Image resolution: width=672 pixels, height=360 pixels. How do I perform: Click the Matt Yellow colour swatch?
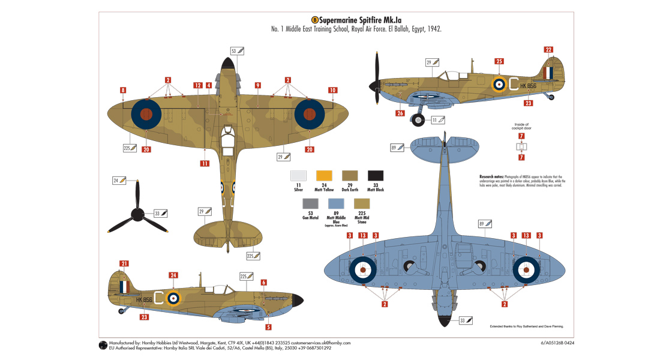[x=324, y=176]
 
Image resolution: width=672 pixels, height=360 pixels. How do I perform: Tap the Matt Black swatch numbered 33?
[x=376, y=176]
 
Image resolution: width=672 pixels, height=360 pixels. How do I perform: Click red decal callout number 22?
[x=549, y=50]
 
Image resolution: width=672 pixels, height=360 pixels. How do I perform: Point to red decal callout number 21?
[x=124, y=263]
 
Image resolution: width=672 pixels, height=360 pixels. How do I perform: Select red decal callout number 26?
[x=400, y=113]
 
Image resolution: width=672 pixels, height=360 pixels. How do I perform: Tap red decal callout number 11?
[x=205, y=163]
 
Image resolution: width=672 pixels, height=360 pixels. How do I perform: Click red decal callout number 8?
[x=122, y=90]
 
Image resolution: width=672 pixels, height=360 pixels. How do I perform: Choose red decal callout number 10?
[x=332, y=90]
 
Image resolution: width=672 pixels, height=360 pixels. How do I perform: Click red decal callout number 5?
[x=268, y=327]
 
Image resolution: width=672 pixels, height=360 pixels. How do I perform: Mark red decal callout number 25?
[x=499, y=61]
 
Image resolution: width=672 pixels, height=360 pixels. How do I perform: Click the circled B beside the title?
[x=314, y=19]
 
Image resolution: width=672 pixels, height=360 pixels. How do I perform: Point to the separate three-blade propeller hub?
[x=137, y=212]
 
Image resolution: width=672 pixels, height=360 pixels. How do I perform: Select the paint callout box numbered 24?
[x=119, y=180]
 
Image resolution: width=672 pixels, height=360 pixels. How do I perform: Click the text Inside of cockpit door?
[x=522, y=127]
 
